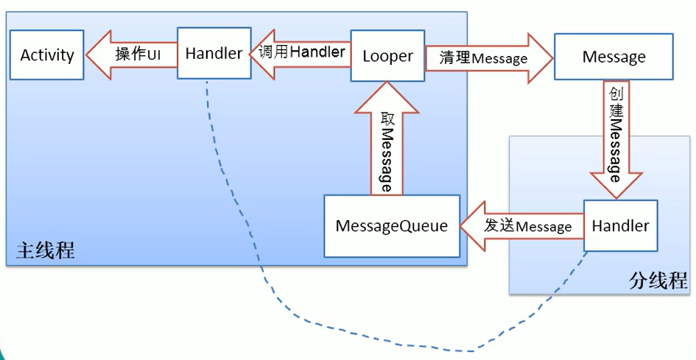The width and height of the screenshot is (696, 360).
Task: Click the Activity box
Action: [x=46, y=55]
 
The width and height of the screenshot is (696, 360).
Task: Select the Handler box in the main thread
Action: [x=214, y=53]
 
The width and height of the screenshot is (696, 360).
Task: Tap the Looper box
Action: [x=387, y=56]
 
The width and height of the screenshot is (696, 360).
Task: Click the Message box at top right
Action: [x=614, y=57]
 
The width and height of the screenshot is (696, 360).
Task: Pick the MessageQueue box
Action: [x=392, y=226]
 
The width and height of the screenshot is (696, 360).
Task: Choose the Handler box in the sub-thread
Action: [x=621, y=225]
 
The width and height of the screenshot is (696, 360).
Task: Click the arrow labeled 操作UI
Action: [x=131, y=54]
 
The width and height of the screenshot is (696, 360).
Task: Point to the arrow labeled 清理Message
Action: [x=489, y=57]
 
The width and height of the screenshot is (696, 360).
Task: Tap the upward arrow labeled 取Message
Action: [x=387, y=138]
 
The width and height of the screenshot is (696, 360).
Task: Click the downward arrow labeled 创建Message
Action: [x=616, y=139]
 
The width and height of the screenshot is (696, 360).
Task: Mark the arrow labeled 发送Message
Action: [x=521, y=226]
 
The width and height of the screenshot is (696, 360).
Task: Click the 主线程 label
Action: [x=45, y=250]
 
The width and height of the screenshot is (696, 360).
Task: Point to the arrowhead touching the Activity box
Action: [x=98, y=54]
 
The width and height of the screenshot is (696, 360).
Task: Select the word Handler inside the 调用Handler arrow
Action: [x=317, y=52]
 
